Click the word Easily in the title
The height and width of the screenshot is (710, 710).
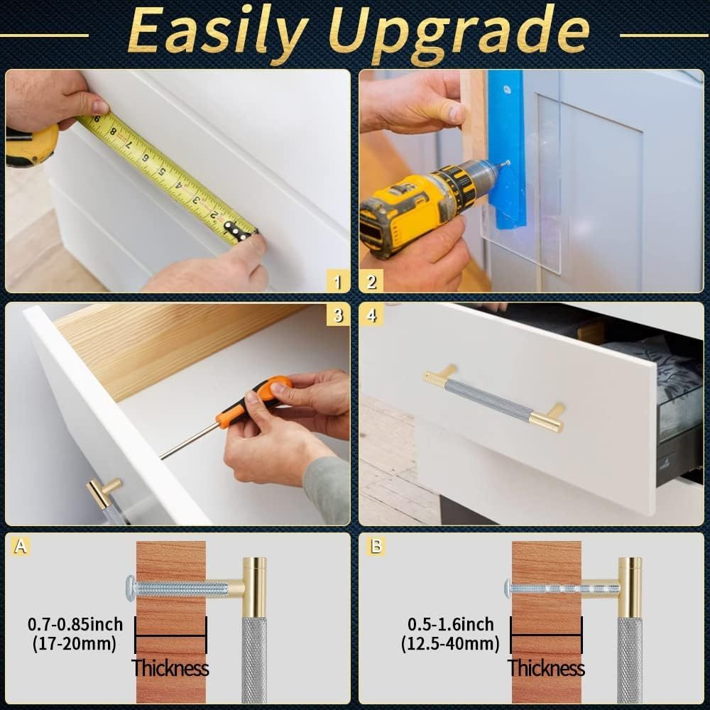pos(206,33)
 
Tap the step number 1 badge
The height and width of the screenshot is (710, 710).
pos(338,282)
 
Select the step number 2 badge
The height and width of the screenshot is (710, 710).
pos(371,282)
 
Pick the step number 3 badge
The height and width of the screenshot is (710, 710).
pos(338,315)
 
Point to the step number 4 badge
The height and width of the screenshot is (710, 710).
pos(371,315)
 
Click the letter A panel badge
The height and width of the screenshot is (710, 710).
pos(22,547)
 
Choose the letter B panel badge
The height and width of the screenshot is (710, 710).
pos(376,547)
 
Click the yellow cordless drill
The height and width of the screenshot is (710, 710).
pos(412,206)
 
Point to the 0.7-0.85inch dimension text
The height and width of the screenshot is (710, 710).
pos(75,625)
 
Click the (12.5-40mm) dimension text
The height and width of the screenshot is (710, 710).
pos(450,644)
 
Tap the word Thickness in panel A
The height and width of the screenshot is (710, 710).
pos(170,668)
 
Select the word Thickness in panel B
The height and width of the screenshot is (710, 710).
pos(546,668)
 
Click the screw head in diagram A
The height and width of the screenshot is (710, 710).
pos(129,586)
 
